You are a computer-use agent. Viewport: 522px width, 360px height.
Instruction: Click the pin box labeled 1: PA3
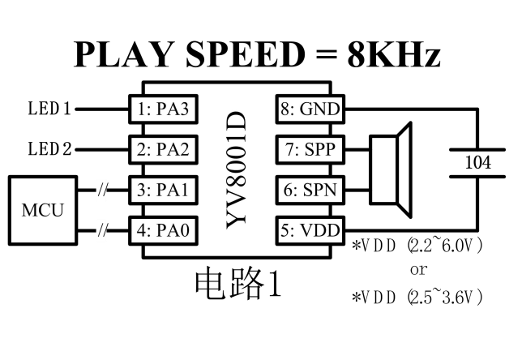tap(164, 108)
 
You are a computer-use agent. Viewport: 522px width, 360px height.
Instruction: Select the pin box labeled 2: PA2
tap(164, 149)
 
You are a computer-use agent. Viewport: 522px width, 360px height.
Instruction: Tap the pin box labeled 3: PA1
tap(164, 191)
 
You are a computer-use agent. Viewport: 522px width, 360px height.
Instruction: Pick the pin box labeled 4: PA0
tap(164, 231)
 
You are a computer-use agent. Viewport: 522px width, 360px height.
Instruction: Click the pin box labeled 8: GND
tap(310, 108)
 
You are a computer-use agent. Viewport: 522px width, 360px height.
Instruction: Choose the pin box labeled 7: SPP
tap(310, 149)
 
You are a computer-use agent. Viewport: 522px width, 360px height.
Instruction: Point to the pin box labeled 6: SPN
tap(310, 191)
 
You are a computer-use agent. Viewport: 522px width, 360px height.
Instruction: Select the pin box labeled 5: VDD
tap(310, 231)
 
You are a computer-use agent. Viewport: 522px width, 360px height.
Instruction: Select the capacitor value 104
tap(477, 162)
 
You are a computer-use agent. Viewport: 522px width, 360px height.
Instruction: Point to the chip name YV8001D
tap(235, 170)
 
